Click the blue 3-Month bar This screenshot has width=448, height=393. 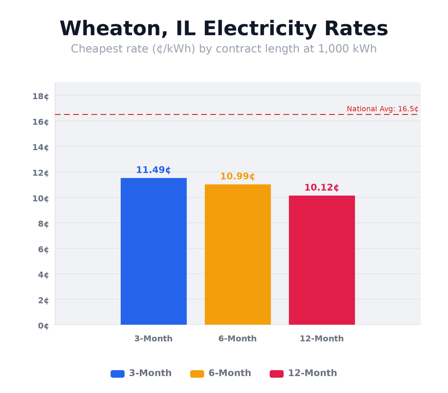coord(154,251)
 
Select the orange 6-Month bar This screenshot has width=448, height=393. coord(238,255)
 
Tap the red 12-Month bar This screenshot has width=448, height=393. coord(322,260)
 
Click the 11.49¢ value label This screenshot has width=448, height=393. coord(154,170)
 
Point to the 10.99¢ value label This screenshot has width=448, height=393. coord(238,176)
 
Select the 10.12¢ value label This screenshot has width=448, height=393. coord(322,188)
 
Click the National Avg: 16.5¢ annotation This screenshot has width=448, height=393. coord(382,109)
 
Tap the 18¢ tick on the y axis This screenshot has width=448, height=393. coord(41,96)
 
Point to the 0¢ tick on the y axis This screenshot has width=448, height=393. coord(43,325)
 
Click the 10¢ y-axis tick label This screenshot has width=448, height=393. coord(41,198)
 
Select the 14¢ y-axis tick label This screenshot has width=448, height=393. coord(41,147)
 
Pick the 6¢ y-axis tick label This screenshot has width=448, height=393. coord(43,249)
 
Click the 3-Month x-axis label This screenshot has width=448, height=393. coord(154,339)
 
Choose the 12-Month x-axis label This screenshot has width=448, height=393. coord(322,339)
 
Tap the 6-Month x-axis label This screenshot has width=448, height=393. coord(238,339)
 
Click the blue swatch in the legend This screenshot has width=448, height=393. coord(117,373)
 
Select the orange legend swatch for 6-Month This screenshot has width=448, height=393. coord(197,373)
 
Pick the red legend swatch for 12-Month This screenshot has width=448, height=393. coord(277,373)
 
